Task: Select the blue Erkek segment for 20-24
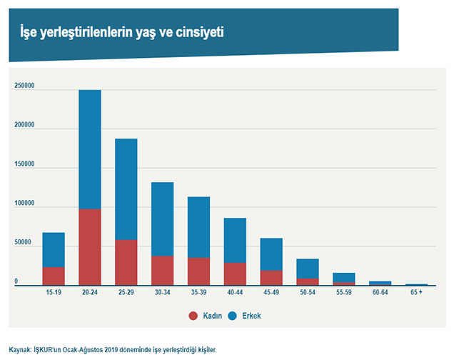[x=89, y=149]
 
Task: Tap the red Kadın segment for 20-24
[x=89, y=247]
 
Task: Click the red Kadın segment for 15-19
[x=54, y=276]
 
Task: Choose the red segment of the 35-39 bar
[x=198, y=271]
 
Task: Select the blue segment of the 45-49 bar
[x=271, y=254]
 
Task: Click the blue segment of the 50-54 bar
[x=308, y=268]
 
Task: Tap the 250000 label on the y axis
[x=24, y=86]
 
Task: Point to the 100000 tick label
[x=24, y=204]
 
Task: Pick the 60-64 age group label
[x=380, y=293]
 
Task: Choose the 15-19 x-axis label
[x=54, y=293]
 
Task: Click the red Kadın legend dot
[x=193, y=315]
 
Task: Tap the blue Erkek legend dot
[x=233, y=315]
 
